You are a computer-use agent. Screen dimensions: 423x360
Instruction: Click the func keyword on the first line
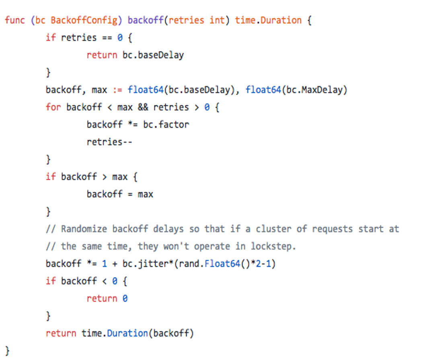(15, 20)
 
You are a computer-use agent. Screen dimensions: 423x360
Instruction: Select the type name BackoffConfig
(84, 21)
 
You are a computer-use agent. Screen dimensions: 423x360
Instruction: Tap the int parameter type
(217, 20)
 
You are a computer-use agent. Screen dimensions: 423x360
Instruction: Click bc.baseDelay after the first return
(153, 56)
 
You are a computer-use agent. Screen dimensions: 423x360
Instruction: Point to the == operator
(107, 38)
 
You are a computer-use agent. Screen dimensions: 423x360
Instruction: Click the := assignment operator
(117, 90)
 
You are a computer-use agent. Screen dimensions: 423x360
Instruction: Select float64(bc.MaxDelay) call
(296, 90)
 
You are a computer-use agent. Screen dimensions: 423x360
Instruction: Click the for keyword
(53, 107)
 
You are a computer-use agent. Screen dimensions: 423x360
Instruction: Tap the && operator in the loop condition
(143, 107)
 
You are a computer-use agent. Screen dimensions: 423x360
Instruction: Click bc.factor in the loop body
(166, 125)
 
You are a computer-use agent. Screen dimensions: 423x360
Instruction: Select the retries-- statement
(109, 142)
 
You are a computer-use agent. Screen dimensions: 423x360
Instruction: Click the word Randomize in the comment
(84, 229)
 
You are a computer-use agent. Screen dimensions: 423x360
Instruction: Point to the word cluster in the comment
(273, 229)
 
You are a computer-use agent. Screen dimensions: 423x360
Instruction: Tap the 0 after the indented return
(125, 299)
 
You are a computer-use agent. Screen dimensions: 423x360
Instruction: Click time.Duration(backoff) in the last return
(138, 333)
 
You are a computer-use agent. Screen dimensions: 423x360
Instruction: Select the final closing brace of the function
(7, 351)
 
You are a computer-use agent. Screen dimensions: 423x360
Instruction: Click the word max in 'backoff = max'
(146, 195)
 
